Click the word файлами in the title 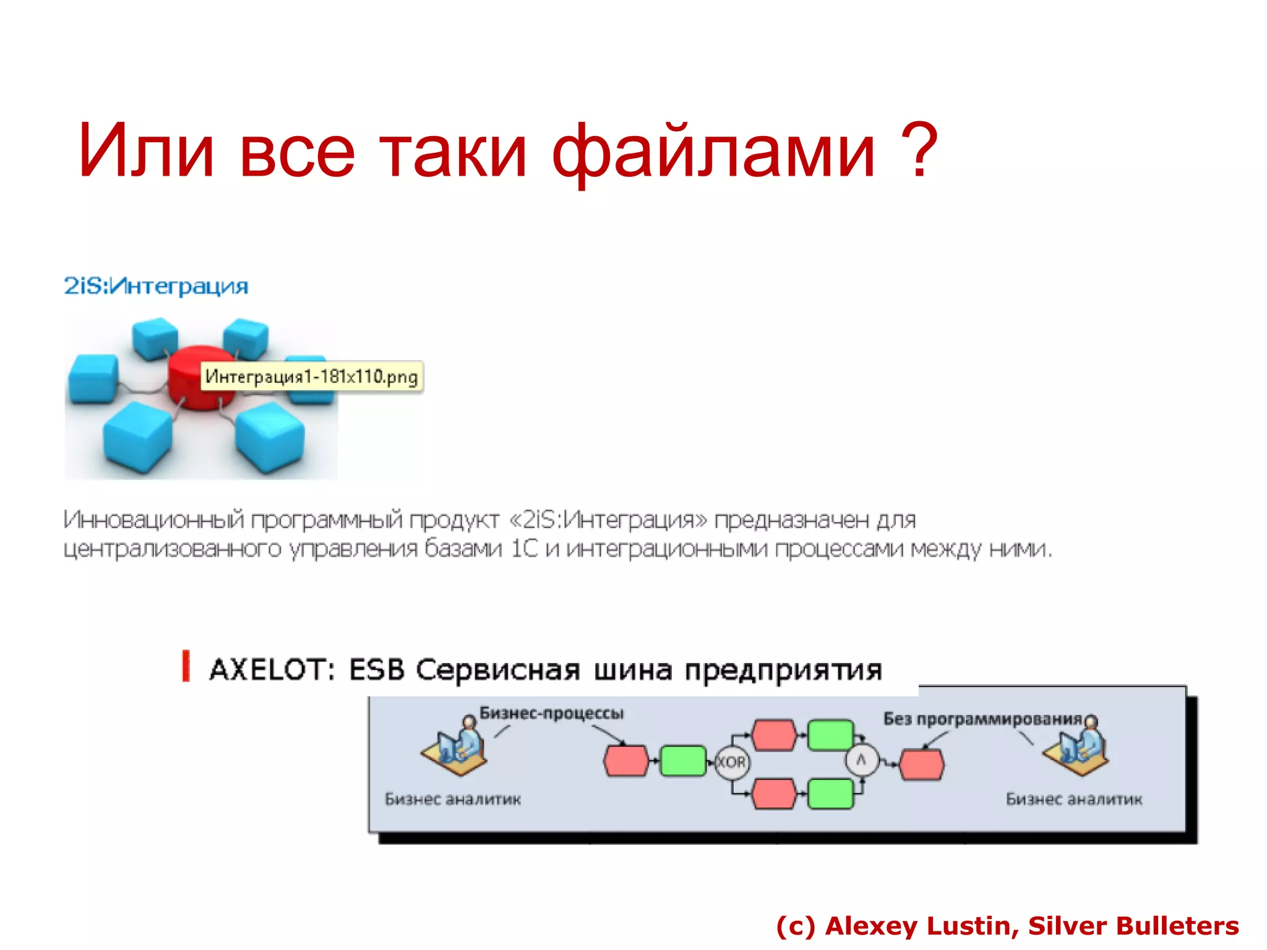coord(713,152)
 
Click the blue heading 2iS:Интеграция coord(156,286)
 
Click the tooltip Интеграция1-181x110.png coord(311,377)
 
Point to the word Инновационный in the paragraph coord(154,520)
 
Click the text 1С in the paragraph coord(525,549)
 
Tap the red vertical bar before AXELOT coord(186,667)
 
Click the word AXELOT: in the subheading coord(273,670)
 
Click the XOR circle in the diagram coord(731,762)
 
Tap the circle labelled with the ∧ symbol coord(861,761)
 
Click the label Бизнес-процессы coord(551,713)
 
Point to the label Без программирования coord(982,719)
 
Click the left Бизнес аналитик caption coord(453,799)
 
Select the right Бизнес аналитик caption coord(1073,799)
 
